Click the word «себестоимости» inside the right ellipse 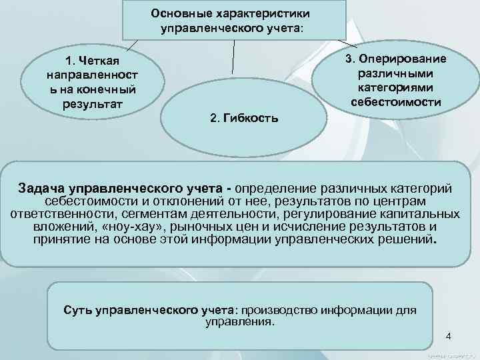pyautogui.click(x=395, y=101)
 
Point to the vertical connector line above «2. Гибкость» pyautogui.click(x=233, y=56)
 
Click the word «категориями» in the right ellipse pyautogui.click(x=395, y=87)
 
